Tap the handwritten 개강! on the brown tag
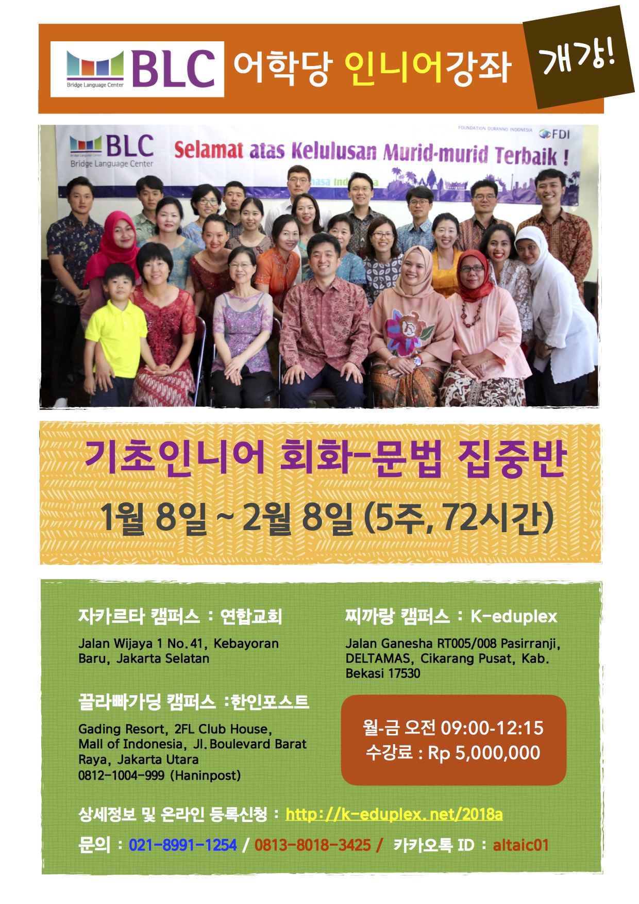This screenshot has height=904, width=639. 577,57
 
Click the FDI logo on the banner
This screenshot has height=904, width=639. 554,134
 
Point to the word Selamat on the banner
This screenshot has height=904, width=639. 208,150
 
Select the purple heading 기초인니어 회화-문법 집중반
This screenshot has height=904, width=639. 325,458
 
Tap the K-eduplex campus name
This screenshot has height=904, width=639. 514,616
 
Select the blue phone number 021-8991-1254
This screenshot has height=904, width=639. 182,845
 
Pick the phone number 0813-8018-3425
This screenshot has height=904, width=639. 312,845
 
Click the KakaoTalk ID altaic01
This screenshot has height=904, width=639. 520,845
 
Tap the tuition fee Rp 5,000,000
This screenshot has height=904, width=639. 484,753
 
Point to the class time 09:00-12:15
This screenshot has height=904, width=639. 492,728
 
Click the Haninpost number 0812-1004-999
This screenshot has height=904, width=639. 121,775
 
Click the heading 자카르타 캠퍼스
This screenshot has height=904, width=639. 139,616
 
